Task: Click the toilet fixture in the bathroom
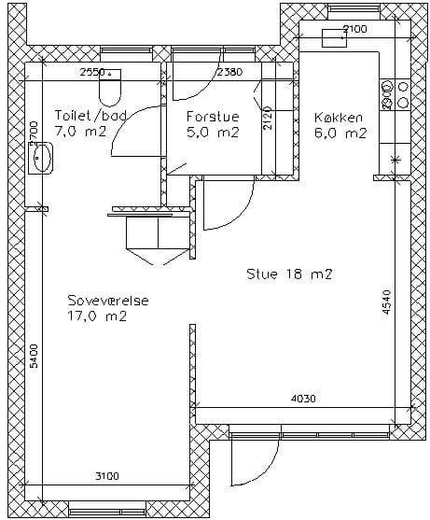(x=110, y=88)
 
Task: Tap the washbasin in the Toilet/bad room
(x=41, y=158)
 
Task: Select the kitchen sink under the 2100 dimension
(x=334, y=37)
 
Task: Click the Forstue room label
(x=213, y=117)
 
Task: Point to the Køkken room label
(x=339, y=118)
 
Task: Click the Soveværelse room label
(x=108, y=301)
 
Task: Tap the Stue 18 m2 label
(x=289, y=274)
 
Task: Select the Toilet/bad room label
(x=90, y=115)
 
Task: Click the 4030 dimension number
(x=303, y=399)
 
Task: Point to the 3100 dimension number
(x=107, y=476)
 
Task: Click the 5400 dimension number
(x=34, y=357)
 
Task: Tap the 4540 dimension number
(x=386, y=302)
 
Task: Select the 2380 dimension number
(x=229, y=72)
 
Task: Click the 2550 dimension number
(x=92, y=72)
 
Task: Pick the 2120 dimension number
(x=268, y=118)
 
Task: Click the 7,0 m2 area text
(x=80, y=132)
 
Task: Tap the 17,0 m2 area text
(x=97, y=316)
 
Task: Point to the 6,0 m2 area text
(x=340, y=133)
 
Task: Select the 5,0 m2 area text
(x=213, y=133)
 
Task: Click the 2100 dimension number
(x=354, y=29)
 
